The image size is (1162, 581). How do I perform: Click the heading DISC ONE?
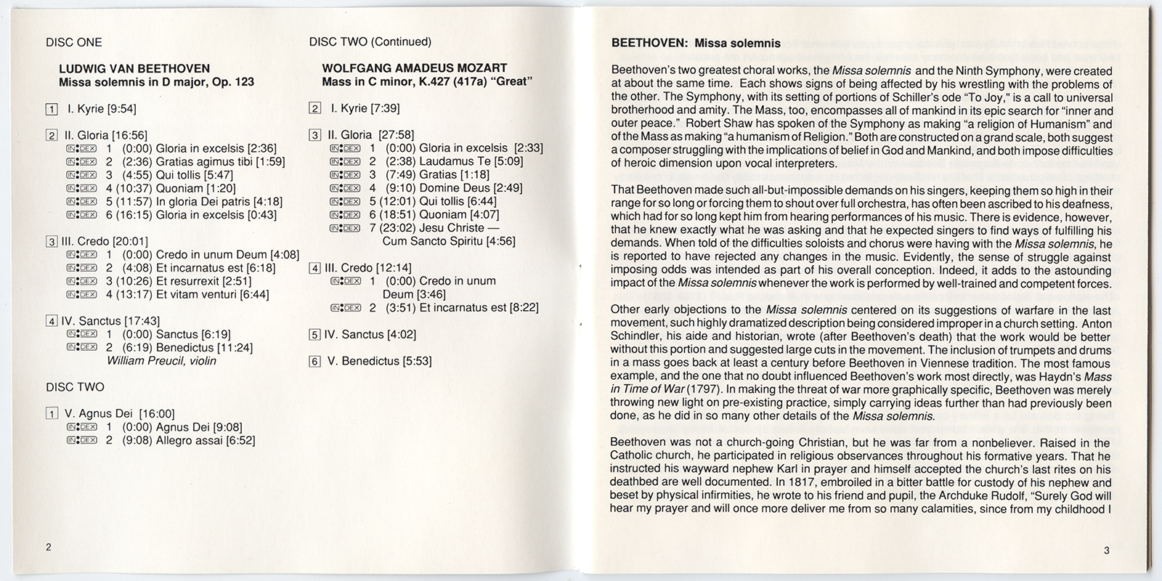(73, 42)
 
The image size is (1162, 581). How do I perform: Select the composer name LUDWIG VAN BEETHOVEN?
(134, 69)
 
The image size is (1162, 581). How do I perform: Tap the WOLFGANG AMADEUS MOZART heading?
(414, 69)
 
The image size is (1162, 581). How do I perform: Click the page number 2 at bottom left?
(49, 548)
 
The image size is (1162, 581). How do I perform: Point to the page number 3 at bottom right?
(1106, 550)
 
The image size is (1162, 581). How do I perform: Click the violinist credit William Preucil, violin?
(161, 361)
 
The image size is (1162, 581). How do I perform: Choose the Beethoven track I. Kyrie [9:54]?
(99, 110)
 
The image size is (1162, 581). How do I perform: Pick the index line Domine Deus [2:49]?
(450, 188)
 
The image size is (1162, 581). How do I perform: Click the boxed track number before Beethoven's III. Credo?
(52, 242)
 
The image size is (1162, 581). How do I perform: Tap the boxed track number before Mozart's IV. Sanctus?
(314, 335)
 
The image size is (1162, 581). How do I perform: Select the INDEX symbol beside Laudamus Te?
(345, 161)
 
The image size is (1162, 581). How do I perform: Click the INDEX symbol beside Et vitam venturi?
(81, 294)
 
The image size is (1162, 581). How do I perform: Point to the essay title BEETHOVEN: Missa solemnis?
(696, 43)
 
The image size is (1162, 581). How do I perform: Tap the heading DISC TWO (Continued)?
(370, 42)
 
